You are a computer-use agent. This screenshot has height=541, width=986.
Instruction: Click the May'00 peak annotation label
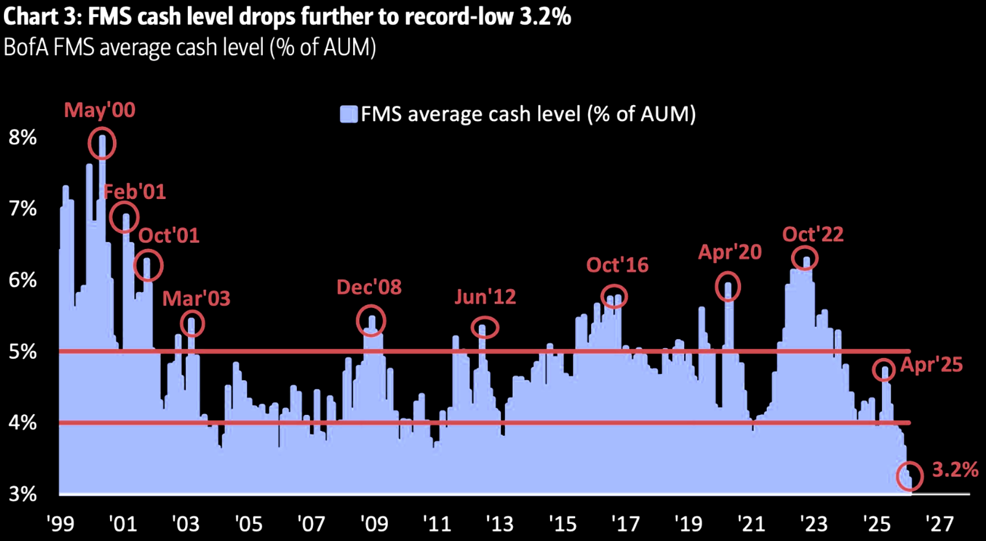(x=99, y=110)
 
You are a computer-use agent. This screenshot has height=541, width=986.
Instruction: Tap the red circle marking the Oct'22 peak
(x=805, y=258)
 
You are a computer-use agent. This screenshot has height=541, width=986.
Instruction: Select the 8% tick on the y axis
(x=23, y=137)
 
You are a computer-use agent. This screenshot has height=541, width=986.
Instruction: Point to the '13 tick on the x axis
(x=500, y=523)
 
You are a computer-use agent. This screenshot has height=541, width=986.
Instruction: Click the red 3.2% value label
(x=955, y=470)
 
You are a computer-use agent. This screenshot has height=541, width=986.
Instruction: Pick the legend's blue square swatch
(x=349, y=114)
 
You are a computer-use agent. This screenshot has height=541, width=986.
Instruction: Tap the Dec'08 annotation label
(x=369, y=287)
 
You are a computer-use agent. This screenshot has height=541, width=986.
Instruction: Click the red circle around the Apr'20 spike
(x=728, y=286)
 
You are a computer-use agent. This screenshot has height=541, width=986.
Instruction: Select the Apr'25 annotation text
(x=931, y=365)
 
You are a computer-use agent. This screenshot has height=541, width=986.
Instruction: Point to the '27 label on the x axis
(x=939, y=523)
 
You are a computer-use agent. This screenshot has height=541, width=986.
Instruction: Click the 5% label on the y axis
(x=23, y=351)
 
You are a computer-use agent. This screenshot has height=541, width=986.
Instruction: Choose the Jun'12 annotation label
(x=485, y=297)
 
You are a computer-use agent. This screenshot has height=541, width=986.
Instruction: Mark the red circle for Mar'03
(x=192, y=323)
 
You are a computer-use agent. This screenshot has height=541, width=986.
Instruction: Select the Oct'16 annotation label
(x=617, y=265)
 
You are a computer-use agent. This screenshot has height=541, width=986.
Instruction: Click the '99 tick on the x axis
(x=60, y=523)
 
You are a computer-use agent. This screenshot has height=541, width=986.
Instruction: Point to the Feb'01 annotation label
(x=134, y=192)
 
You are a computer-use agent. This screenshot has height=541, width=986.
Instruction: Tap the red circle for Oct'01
(x=148, y=266)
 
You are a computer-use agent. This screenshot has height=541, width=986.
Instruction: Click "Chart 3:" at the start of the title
(x=42, y=17)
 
